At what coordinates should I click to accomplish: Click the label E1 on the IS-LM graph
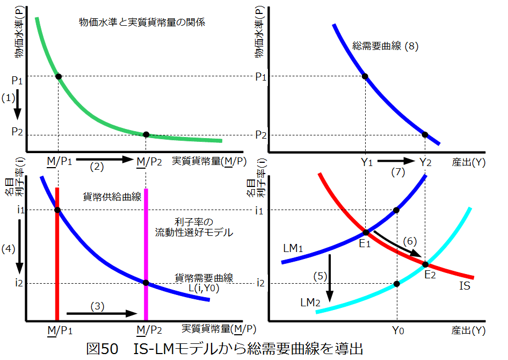pos(366,242)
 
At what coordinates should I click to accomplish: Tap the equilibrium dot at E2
pos(426,264)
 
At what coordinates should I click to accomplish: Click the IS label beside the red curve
pos(465,285)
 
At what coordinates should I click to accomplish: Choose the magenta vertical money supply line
pos(146,253)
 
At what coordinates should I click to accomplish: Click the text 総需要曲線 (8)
pos(384,46)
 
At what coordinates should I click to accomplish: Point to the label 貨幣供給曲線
pos(112,197)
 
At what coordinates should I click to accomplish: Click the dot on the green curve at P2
pos(146,134)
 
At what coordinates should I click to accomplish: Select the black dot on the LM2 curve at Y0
pos(397,283)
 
